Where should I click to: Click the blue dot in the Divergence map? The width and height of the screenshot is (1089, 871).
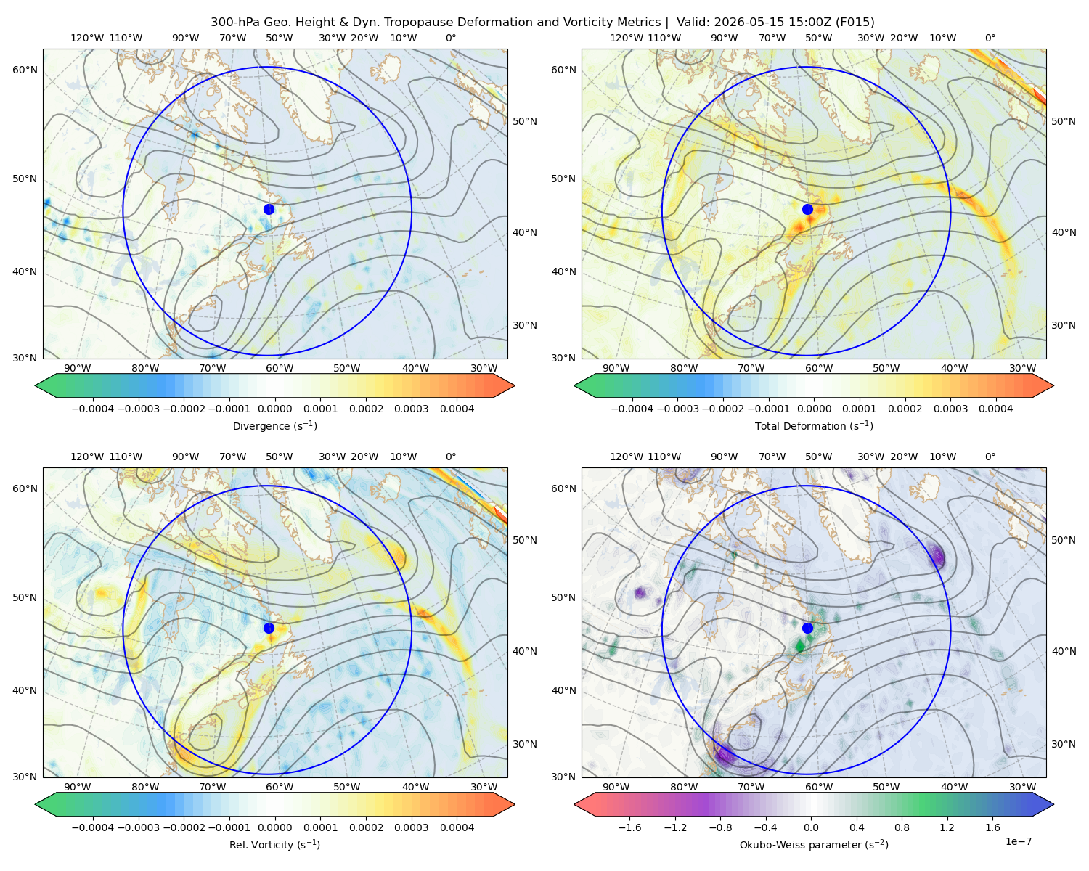(x=269, y=209)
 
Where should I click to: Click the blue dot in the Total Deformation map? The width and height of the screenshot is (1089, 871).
(x=807, y=209)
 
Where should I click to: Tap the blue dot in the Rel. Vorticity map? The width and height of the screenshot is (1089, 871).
(x=269, y=628)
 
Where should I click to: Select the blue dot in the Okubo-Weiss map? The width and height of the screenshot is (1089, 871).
(x=807, y=628)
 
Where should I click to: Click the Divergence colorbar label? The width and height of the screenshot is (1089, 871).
(x=274, y=425)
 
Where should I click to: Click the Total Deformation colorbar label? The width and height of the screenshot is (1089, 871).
(x=814, y=425)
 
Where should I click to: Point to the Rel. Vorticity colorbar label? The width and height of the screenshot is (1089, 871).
(x=274, y=844)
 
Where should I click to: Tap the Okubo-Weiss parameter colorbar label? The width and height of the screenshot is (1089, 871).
(x=814, y=844)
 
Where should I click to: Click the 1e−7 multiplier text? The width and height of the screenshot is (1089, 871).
(x=1018, y=841)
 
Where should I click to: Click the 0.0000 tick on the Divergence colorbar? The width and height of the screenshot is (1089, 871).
(x=274, y=409)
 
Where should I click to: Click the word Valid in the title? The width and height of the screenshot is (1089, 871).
(x=690, y=23)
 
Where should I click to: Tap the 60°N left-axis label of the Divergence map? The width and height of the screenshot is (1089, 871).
(x=25, y=70)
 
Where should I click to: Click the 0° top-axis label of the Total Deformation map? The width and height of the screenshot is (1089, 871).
(x=990, y=38)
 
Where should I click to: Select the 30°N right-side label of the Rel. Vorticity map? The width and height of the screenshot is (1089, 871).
(x=525, y=743)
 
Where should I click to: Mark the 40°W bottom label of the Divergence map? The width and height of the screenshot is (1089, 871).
(x=415, y=368)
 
